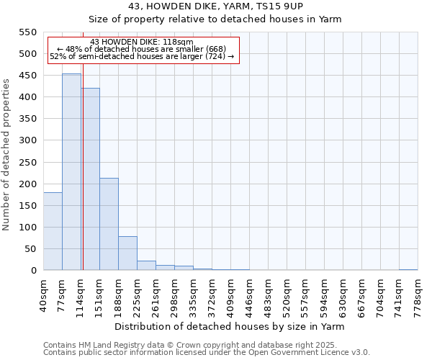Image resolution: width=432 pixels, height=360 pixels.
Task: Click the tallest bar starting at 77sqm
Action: pyautogui.click(x=71, y=172)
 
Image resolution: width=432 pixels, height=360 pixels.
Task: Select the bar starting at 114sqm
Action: pyautogui.click(x=91, y=179)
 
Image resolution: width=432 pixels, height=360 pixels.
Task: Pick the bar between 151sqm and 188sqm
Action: pyautogui.click(x=109, y=224)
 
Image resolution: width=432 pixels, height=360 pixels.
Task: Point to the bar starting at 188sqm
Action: pyautogui.click(x=127, y=253)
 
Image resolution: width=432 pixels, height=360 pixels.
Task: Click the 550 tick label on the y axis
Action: pyautogui.click(x=27, y=32)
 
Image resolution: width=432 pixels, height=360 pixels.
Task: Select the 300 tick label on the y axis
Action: pyautogui.click(x=27, y=140)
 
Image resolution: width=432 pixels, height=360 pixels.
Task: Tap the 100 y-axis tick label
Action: pyautogui.click(x=27, y=228)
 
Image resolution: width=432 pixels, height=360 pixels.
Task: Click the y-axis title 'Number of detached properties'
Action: pyautogui.click(x=7, y=155)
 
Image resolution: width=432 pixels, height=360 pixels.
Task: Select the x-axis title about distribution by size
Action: pyautogui.click(x=230, y=326)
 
